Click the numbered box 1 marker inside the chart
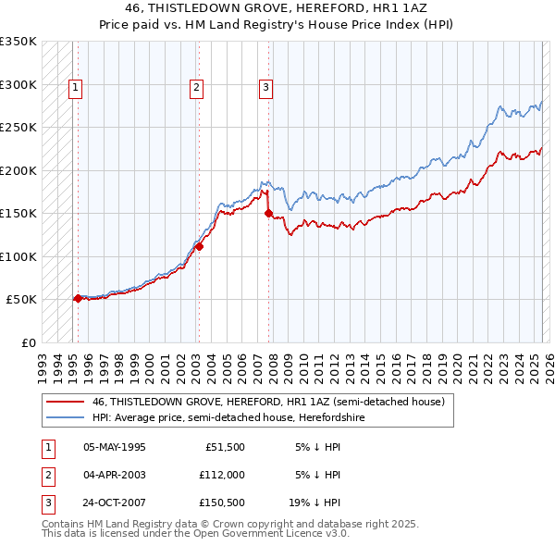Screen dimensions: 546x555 coord(75,88)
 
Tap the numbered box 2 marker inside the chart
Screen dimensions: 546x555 coord(197,88)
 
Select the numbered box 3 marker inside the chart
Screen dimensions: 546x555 coord(265,88)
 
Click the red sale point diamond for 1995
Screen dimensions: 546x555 coord(78,298)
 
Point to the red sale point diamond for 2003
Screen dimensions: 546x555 coord(199,246)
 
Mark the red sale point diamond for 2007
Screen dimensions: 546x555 coord(268,213)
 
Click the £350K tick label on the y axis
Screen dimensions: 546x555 coord(18,42)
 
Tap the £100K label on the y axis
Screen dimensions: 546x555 coord(18,256)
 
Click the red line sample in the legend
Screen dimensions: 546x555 coord(65,403)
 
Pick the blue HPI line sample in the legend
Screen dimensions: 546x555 coord(65,417)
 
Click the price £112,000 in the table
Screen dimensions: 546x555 coord(220,475)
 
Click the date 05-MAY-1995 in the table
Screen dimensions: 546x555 coord(115,447)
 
